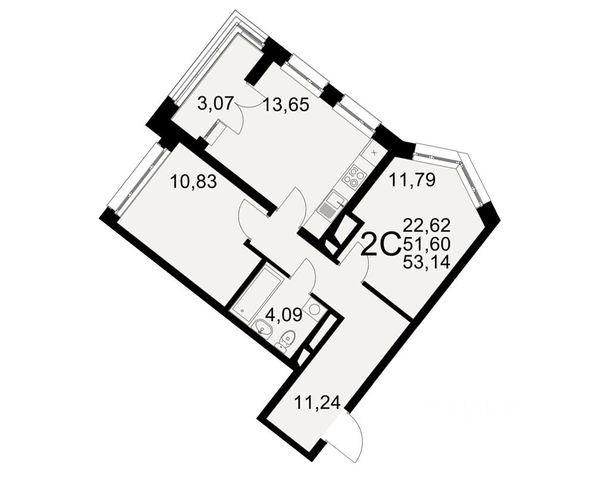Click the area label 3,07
[x=215, y=104]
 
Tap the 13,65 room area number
[x=286, y=104]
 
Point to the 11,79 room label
[x=412, y=180]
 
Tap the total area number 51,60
[x=427, y=244]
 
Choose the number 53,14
[x=427, y=262]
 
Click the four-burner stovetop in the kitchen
[x=353, y=177]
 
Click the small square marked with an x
[x=374, y=153]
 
